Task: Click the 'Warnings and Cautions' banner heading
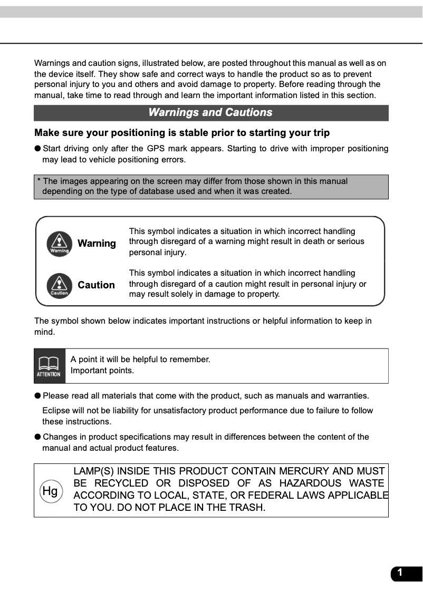pyautogui.click(x=210, y=112)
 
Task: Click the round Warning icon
pyautogui.click(x=59, y=244)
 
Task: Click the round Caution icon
pyautogui.click(x=59, y=285)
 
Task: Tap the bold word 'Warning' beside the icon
pyautogui.click(x=97, y=244)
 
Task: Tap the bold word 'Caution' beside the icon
pyautogui.click(x=96, y=285)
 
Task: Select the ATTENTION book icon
pyautogui.click(x=49, y=366)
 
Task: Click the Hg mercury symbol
pyautogui.click(x=50, y=491)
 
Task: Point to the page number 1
pyautogui.click(x=400, y=573)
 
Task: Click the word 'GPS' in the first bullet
pyautogui.click(x=156, y=149)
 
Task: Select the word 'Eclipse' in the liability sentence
pyautogui.click(x=55, y=411)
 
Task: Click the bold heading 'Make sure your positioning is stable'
pyautogui.click(x=181, y=132)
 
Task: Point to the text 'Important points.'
pyautogui.click(x=102, y=371)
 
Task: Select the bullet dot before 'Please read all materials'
pyautogui.click(x=37, y=396)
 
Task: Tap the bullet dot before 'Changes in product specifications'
pyautogui.click(x=37, y=437)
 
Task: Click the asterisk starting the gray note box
pyautogui.click(x=39, y=181)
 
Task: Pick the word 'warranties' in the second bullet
pyautogui.click(x=349, y=396)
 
